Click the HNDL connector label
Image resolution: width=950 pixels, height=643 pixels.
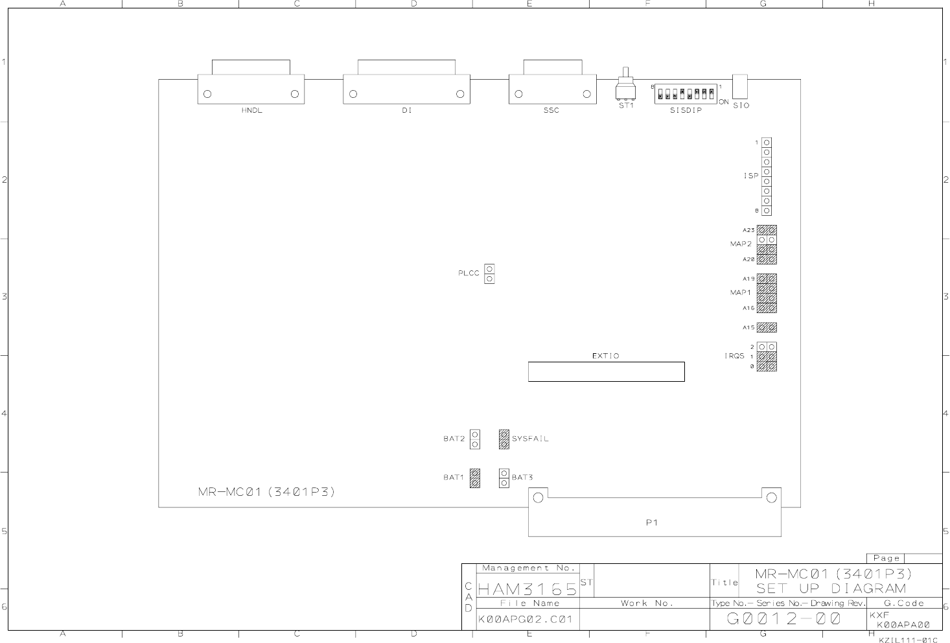(x=251, y=111)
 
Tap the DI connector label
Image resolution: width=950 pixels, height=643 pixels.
(x=406, y=111)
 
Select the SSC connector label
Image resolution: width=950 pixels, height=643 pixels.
(x=551, y=111)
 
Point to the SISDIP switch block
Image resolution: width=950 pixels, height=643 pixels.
(x=686, y=93)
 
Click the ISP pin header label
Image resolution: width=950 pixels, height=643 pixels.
(x=750, y=176)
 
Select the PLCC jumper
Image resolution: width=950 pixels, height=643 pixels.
(x=489, y=274)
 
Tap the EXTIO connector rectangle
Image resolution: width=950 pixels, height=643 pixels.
(x=606, y=371)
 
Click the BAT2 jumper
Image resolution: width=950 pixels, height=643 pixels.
(x=475, y=439)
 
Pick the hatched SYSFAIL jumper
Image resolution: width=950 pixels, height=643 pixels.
(x=504, y=439)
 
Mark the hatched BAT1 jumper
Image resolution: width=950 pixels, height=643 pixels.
(x=475, y=478)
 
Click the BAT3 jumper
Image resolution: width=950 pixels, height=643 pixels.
(x=504, y=478)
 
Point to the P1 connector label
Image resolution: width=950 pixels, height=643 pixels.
(x=652, y=523)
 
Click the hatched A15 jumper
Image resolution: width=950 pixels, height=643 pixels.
(x=767, y=327)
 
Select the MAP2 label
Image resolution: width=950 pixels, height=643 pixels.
(x=741, y=244)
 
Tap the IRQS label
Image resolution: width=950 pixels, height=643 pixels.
(x=734, y=357)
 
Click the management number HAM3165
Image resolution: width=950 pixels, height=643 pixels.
(x=527, y=589)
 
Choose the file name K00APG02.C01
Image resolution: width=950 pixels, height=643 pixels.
(x=526, y=620)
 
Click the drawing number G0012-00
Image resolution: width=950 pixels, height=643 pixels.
(x=783, y=619)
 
